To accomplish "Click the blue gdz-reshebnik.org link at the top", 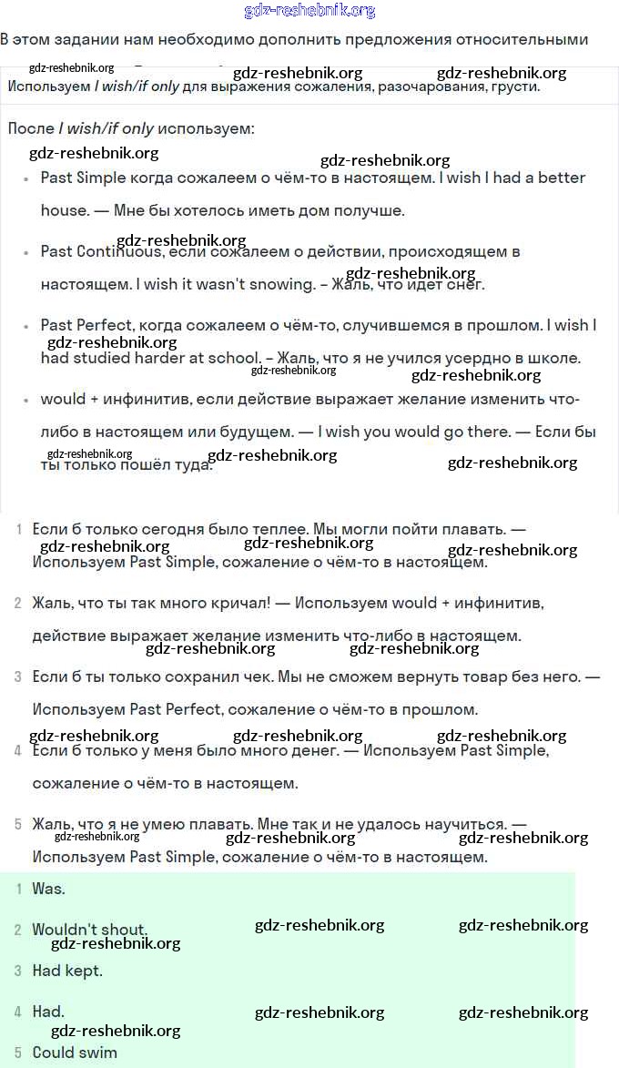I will pos(310,11).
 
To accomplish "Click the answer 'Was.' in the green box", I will pos(48,889).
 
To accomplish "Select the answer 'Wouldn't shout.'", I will pos(89,930).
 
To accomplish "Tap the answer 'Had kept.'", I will pos(67,971).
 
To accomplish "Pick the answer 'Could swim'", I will pos(75,1053).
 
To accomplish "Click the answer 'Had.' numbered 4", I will pos(48,1012).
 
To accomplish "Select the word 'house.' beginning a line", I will pos(63,210).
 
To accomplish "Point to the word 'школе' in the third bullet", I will pos(556,358).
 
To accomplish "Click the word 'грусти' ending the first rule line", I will pos(515,86).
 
